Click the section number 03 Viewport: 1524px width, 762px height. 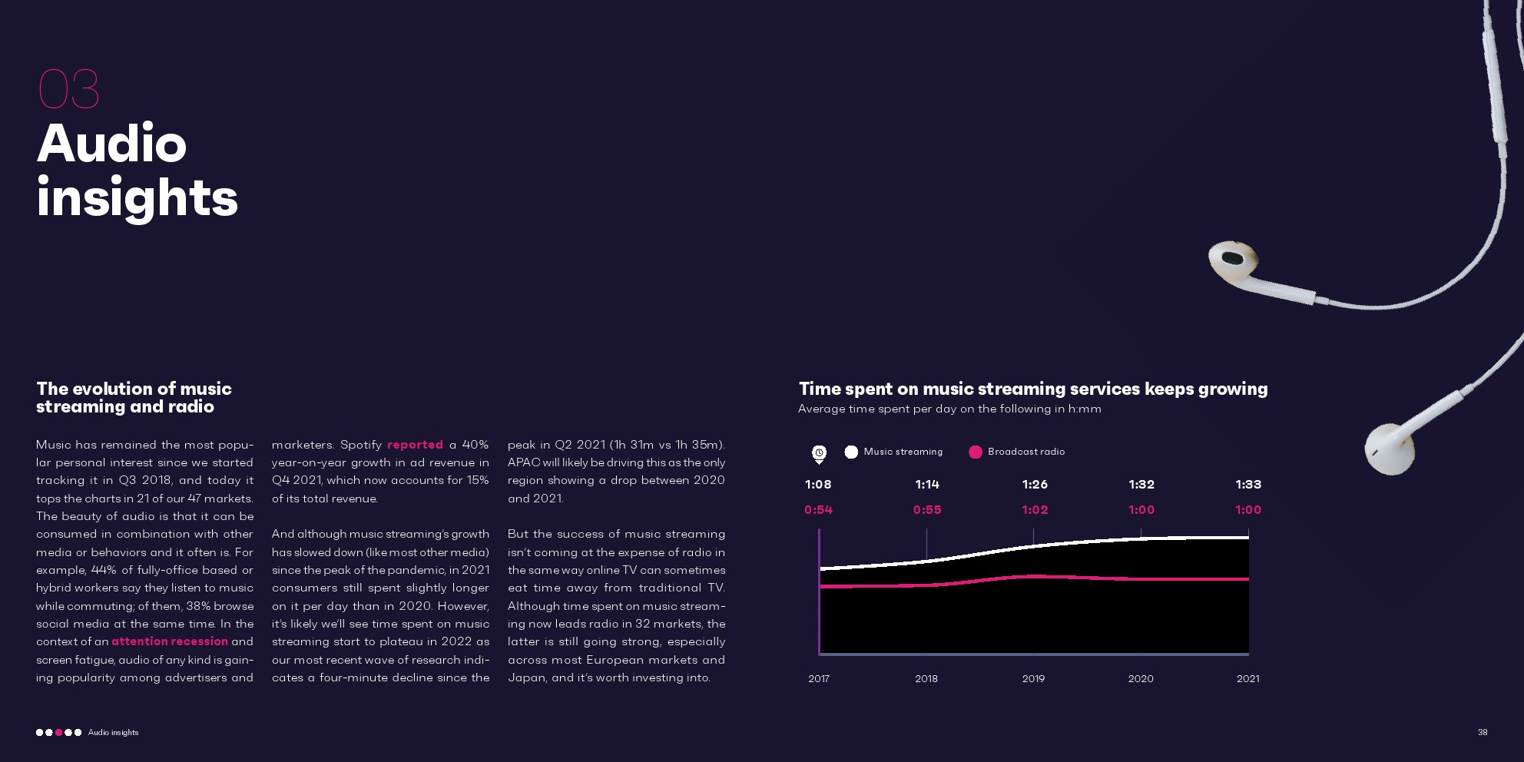point(68,89)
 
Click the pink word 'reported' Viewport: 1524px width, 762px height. point(415,445)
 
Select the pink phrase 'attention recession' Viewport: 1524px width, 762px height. point(170,641)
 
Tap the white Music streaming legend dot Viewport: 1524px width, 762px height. point(851,452)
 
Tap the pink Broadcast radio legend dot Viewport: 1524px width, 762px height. point(976,452)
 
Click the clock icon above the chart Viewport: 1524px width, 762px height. point(820,453)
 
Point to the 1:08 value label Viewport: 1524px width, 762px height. point(818,485)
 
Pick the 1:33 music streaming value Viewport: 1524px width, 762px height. point(1248,485)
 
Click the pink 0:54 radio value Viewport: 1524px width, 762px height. point(818,510)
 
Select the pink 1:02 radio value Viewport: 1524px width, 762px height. point(1035,510)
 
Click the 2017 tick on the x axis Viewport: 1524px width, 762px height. point(819,679)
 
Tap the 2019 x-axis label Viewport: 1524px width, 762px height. point(1033,679)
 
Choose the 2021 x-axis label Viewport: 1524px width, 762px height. point(1247,679)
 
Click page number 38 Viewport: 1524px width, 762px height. point(1483,733)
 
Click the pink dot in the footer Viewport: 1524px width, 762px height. point(58,733)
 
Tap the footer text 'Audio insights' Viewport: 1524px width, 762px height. point(114,733)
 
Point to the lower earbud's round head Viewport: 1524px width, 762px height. point(1387,450)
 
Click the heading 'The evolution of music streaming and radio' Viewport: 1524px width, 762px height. point(134,398)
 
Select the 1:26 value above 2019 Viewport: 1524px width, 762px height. point(1035,485)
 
